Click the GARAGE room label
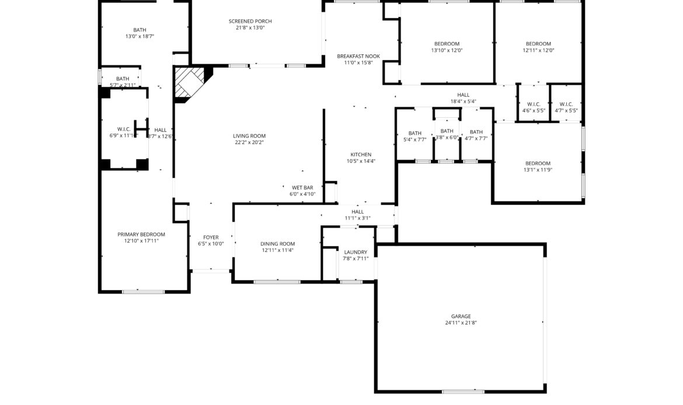tap(461, 316)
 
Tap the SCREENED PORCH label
tap(250, 21)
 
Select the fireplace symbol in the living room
tap(190, 82)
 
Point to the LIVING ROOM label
tap(249, 136)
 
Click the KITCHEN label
tap(361, 155)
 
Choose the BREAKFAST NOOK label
tap(358, 56)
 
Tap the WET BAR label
tap(302, 188)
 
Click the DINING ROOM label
tap(277, 244)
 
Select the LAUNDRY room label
tap(356, 252)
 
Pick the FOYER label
tap(211, 238)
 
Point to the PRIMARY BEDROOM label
tap(141, 234)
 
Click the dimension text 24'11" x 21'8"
tap(461, 323)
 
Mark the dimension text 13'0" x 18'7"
tap(140, 36)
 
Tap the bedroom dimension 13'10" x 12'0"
tap(447, 50)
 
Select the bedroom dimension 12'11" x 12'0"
tap(538, 50)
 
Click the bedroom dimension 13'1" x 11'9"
tap(538, 170)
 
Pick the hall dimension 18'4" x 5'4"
tap(463, 102)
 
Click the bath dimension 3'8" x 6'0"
tap(447, 138)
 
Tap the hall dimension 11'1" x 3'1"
tap(358, 218)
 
